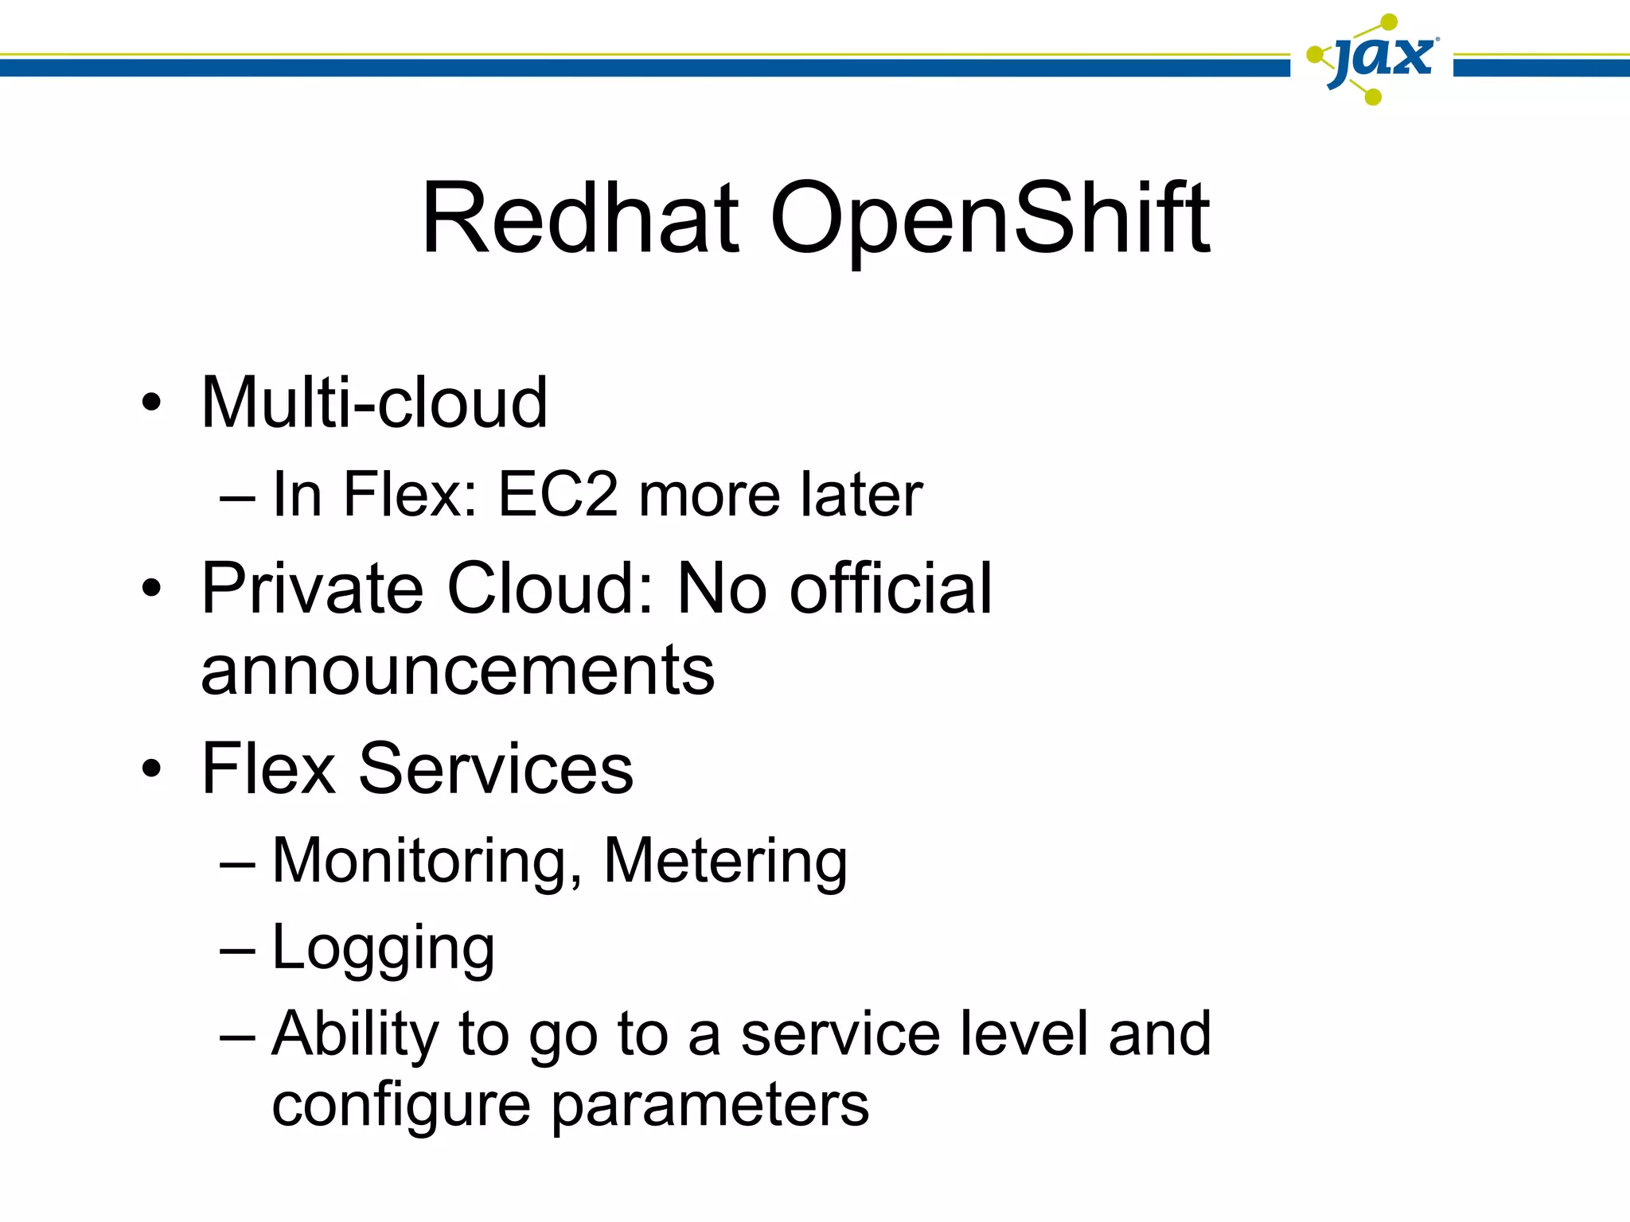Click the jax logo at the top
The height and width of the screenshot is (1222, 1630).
[x=1373, y=60]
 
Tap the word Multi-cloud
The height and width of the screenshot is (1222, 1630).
[x=374, y=403]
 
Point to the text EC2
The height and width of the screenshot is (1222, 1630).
[x=557, y=495]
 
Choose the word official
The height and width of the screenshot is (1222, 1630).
[x=891, y=589]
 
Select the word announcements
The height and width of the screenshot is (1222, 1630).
[x=458, y=670]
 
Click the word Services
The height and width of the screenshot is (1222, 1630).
[x=496, y=769]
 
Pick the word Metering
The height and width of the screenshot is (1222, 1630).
[x=725, y=862]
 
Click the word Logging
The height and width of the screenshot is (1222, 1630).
[x=383, y=948]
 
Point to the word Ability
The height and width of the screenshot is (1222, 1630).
[x=355, y=1034]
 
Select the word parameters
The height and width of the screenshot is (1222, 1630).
[x=710, y=1106]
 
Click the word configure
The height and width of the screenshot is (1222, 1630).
[x=401, y=1106]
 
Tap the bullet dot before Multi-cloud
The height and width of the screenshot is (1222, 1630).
[x=151, y=403]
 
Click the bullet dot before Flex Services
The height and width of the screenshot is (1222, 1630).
[x=151, y=769]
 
